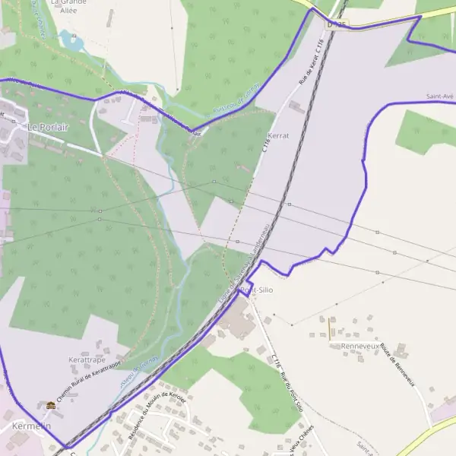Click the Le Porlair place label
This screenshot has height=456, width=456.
47,127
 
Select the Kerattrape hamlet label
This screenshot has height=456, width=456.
85,359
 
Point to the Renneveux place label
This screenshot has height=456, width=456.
359,346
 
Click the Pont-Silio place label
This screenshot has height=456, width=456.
256,290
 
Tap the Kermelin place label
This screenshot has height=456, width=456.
30,427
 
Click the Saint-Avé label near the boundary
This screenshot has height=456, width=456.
440,97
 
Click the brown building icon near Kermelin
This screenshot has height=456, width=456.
51,406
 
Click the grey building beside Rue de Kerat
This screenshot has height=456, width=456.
296,107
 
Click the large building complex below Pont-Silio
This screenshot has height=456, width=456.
238,325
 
